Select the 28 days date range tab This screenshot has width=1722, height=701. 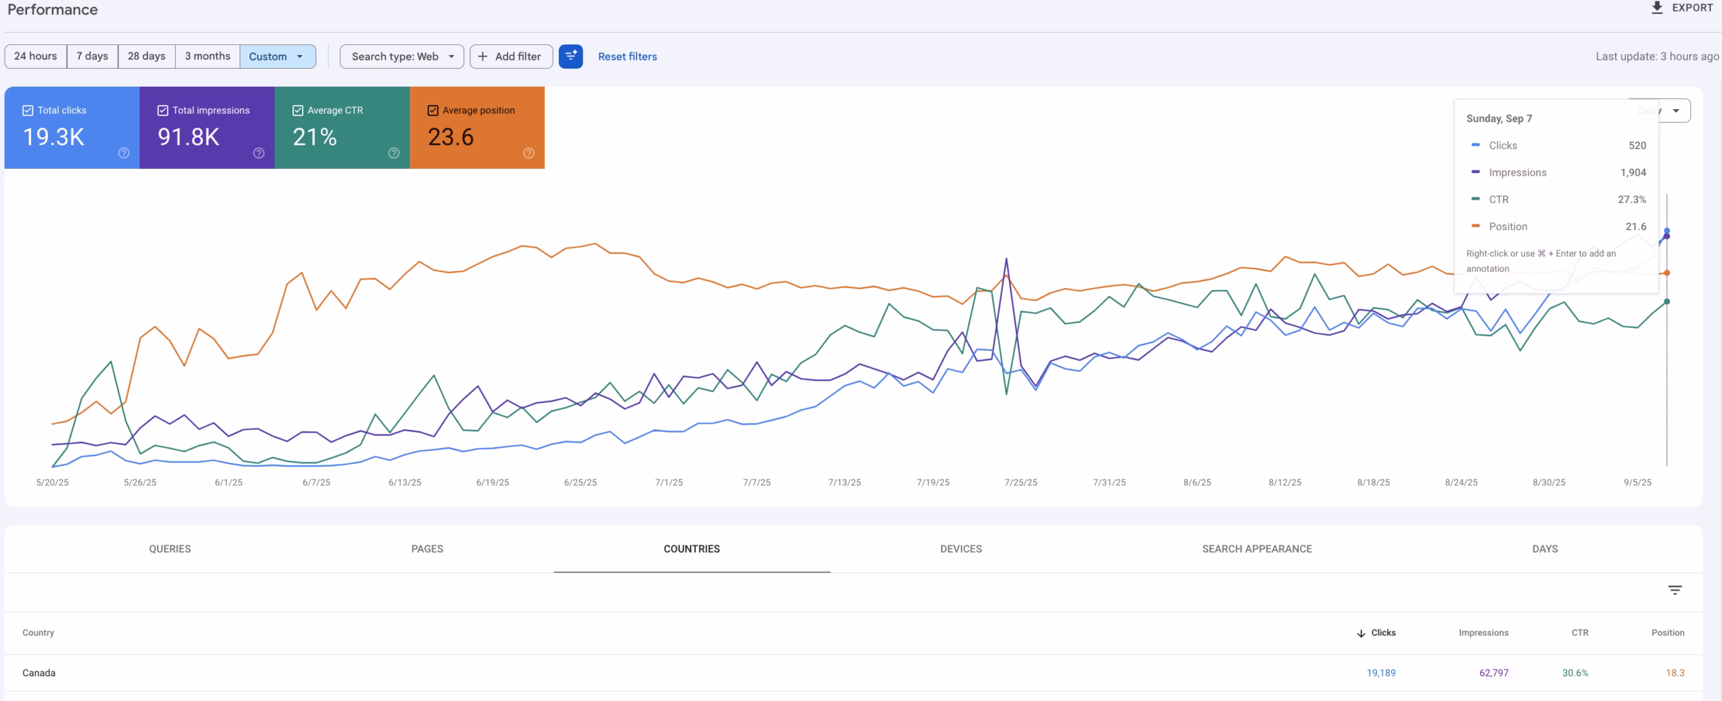point(146,57)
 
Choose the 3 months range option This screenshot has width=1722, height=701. point(207,57)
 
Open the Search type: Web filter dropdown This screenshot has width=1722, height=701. point(402,57)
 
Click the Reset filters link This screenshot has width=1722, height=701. point(627,57)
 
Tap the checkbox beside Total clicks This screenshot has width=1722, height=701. point(28,110)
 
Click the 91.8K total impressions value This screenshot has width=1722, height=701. point(188,137)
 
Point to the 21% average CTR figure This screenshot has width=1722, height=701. point(314,137)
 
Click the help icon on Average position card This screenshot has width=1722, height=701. point(529,153)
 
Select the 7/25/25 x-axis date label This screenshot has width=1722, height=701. point(1020,482)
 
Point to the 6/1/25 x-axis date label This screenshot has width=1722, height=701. point(228,482)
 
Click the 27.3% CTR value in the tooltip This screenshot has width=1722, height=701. point(1631,200)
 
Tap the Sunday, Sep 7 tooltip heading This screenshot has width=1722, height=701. point(1499,118)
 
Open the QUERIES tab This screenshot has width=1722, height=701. point(170,549)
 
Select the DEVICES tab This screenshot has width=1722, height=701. point(961,549)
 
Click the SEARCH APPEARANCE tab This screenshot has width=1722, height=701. point(1257,549)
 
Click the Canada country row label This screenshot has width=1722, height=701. point(39,673)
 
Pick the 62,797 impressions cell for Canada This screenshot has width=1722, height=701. point(1493,673)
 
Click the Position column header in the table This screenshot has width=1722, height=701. point(1668,633)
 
